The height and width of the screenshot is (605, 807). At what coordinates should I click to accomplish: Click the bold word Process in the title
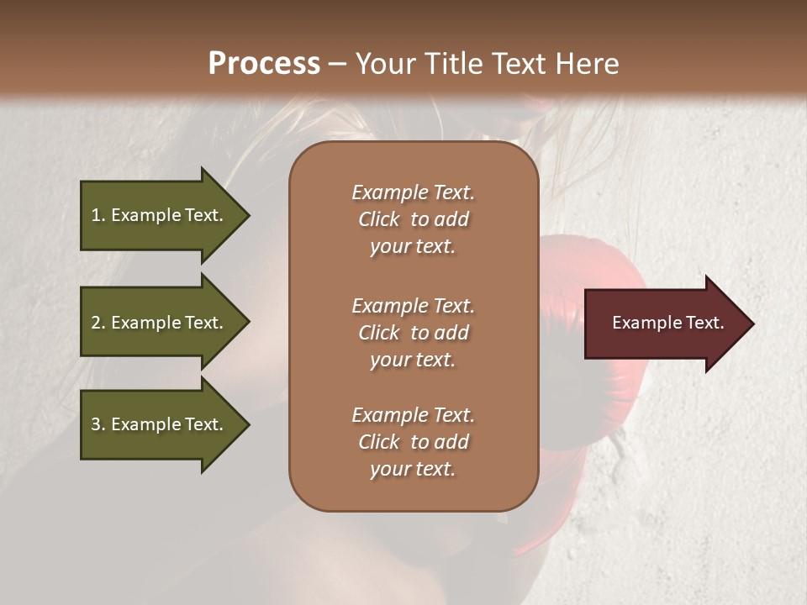[264, 64]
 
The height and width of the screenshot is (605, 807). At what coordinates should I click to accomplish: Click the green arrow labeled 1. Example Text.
[160, 215]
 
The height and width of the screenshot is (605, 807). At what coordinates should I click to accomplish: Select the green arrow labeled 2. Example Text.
[160, 323]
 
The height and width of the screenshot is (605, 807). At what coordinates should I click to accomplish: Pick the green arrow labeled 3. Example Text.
[160, 424]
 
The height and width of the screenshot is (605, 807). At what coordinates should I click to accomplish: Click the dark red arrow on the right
[664, 324]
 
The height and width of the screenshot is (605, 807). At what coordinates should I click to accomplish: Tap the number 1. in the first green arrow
[98, 215]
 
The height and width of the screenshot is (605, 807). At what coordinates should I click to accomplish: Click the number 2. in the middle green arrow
[98, 323]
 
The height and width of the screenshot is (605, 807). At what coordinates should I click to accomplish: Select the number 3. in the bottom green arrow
[98, 424]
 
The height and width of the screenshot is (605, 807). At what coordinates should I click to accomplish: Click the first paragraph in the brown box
[413, 219]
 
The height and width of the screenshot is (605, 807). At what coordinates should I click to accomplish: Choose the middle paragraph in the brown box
[413, 333]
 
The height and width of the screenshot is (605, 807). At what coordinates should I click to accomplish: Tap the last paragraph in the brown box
[413, 442]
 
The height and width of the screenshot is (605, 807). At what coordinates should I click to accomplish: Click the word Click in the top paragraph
[379, 219]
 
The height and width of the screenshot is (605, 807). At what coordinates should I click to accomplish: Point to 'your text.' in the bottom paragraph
[413, 469]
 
